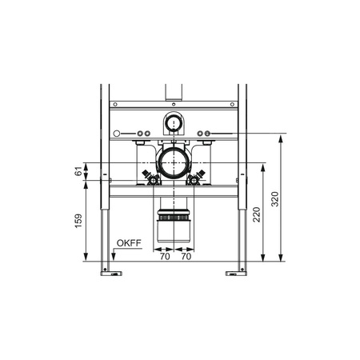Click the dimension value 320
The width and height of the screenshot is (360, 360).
[x=275, y=199]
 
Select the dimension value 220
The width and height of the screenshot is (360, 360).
[x=257, y=214]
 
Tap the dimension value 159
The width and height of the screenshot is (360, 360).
[x=78, y=221]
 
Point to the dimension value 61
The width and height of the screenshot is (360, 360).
[x=78, y=171]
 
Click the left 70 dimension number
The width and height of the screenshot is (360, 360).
[x=165, y=256]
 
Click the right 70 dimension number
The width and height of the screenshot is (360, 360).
[x=186, y=256]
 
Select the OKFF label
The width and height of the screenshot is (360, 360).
[x=129, y=243]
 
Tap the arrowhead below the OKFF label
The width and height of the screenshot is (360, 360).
[x=114, y=257]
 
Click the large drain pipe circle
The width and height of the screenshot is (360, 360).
[x=174, y=163]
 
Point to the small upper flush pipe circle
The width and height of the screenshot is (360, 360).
[x=174, y=123]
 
